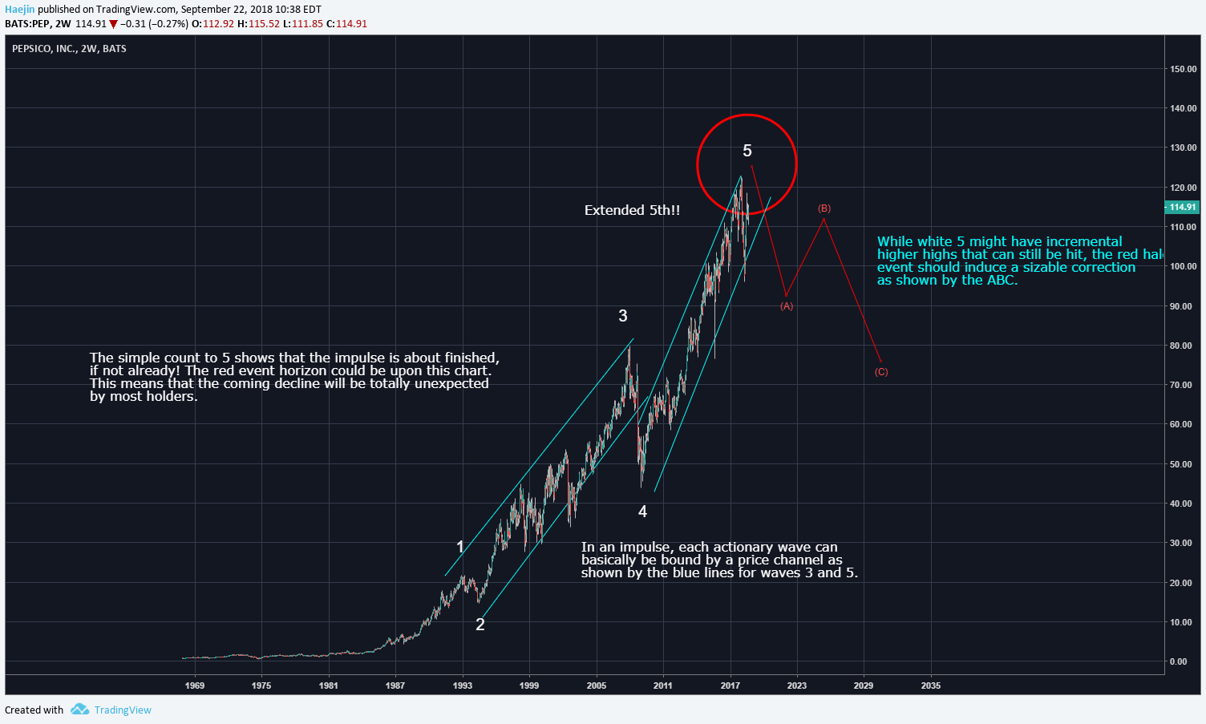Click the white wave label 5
747,151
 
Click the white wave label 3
623,316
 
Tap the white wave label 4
642,512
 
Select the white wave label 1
460,547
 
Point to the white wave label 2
480,625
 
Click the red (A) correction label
787,306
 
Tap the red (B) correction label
824,208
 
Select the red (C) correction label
881,372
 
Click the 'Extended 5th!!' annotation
632,210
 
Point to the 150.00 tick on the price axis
1183,69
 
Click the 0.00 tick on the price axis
1178,661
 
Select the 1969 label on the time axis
195,686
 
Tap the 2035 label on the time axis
931,686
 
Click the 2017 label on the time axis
730,686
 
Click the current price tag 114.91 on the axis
1182,207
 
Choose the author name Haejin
19,10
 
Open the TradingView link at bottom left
123,710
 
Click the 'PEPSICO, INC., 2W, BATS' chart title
69,49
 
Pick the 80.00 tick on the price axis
1180,346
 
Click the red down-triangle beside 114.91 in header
113,24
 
